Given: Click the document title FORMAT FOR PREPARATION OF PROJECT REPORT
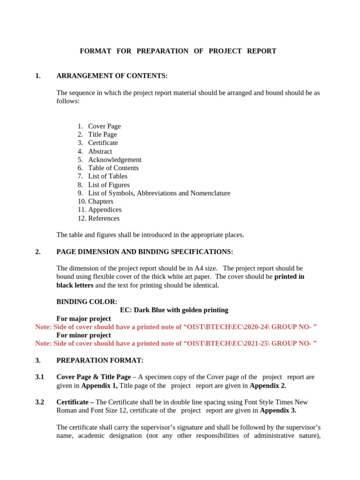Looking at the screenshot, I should click(x=178, y=51).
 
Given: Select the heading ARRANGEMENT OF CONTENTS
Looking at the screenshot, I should click(x=112, y=76).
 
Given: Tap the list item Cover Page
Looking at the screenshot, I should click(x=104, y=126).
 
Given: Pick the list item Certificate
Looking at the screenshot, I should click(x=103, y=142).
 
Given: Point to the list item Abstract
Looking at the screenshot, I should click(x=100, y=151).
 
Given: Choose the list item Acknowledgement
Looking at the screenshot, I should click(x=114, y=159).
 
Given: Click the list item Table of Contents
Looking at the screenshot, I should click(x=113, y=168).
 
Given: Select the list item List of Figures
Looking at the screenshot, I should click(x=109, y=185).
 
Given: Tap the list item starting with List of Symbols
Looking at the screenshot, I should click(x=159, y=193).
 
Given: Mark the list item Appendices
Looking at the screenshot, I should click(x=105, y=210).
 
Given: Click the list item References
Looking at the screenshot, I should click(x=104, y=218).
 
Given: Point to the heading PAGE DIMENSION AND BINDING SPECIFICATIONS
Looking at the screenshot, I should click(x=144, y=252).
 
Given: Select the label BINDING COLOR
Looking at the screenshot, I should click(x=87, y=301).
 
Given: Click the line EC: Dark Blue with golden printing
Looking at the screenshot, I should click(x=174, y=310).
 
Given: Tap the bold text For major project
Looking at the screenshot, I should click(x=83, y=319).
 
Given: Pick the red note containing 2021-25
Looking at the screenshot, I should click(x=176, y=343).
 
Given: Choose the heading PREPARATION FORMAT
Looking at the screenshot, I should click(x=100, y=360).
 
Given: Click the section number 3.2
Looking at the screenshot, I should click(x=39, y=402).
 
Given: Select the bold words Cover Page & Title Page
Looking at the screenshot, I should click(x=93, y=377).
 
